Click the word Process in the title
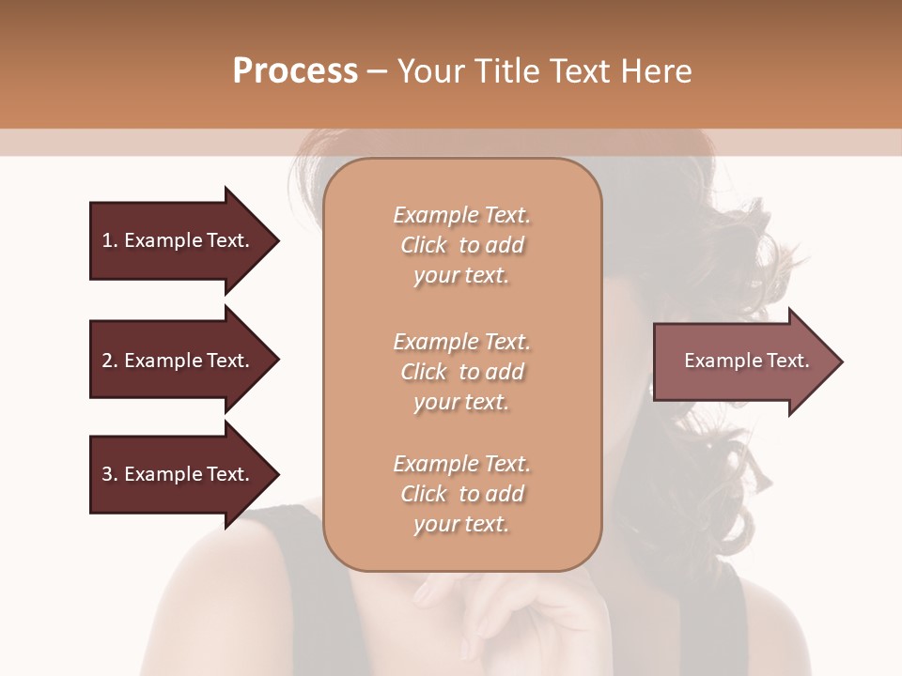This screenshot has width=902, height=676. point(295,71)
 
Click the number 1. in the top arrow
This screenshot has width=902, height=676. point(110,240)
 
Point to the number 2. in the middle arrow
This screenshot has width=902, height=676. point(110,361)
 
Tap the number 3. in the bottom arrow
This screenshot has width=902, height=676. point(110,474)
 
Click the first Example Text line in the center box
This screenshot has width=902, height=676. point(461,215)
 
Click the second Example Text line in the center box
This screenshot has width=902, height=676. point(461,341)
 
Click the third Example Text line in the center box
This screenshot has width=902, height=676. point(461,464)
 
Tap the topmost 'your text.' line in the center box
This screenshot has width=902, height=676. point(461,276)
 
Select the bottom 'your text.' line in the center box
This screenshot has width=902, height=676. point(461,525)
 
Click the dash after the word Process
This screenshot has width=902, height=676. point(378,72)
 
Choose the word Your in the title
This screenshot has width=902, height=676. point(428,71)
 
